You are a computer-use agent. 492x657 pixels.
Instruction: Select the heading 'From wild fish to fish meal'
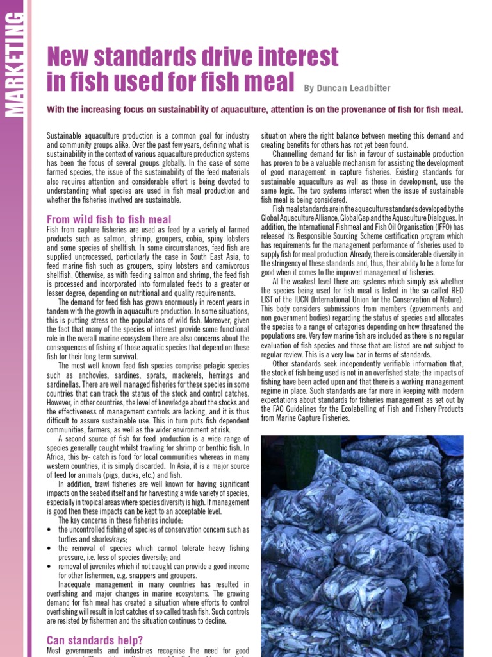(109, 219)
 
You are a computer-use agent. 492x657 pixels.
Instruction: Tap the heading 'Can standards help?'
(95, 640)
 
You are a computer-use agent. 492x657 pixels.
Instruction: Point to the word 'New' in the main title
(70, 58)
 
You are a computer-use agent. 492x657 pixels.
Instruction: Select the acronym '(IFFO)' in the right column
(445, 227)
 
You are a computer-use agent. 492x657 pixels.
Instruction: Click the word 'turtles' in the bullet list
(69, 540)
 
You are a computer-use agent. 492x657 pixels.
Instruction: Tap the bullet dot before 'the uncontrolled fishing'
(50, 531)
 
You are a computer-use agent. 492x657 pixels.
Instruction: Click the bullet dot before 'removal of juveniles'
(50, 567)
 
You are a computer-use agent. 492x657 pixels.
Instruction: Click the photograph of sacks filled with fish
(362, 545)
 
